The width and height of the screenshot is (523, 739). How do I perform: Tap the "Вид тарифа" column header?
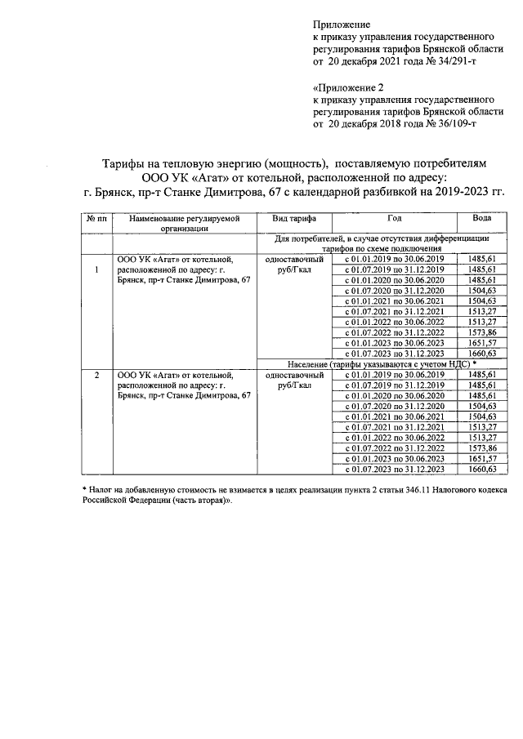(289, 220)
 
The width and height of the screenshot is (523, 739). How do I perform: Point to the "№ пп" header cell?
(96, 220)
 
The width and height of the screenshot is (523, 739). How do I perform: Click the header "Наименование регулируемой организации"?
(185, 225)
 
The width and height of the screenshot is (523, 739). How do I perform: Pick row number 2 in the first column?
(96, 375)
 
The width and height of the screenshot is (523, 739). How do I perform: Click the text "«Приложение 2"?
(348, 87)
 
